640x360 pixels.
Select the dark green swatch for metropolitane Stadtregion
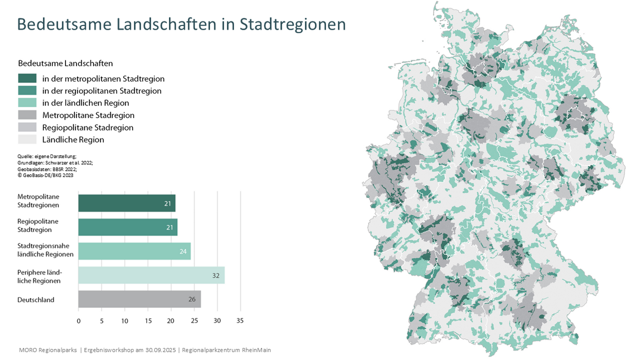pyautogui.click(x=27, y=79)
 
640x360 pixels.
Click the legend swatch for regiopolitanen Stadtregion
pyautogui.click(x=27, y=91)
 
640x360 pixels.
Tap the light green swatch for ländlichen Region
pyautogui.click(x=27, y=103)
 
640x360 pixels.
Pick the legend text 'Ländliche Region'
pyautogui.click(x=73, y=139)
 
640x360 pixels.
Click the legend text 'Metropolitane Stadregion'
pyautogui.click(x=88, y=115)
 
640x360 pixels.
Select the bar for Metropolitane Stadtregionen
pyautogui.click(x=126, y=203)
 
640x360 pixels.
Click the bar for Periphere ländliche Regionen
pyautogui.click(x=151, y=275)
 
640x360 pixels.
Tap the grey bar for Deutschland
pyautogui.click(x=139, y=299)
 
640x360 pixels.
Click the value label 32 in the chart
pyautogui.click(x=216, y=275)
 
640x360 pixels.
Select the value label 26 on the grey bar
pyautogui.click(x=192, y=299)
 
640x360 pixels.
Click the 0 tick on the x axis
pyautogui.click(x=79, y=321)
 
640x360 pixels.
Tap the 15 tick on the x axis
pyautogui.click(x=148, y=321)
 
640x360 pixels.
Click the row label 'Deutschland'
pyautogui.click(x=36, y=300)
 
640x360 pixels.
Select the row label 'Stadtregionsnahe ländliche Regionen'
pyautogui.click(x=45, y=250)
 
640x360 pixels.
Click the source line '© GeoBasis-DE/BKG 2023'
pyautogui.click(x=45, y=175)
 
